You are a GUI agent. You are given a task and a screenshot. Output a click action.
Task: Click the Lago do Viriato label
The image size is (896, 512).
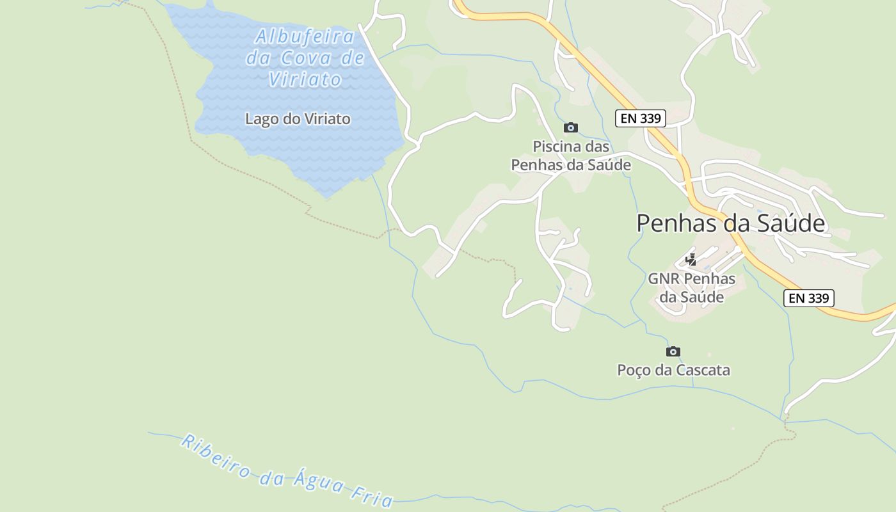tap(298, 119)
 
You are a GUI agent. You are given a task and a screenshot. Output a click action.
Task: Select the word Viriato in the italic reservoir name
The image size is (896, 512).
tap(305, 79)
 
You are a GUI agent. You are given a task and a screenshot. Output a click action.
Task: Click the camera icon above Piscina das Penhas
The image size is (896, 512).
tap(571, 128)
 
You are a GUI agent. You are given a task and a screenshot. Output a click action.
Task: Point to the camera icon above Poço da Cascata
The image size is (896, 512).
tap(673, 351)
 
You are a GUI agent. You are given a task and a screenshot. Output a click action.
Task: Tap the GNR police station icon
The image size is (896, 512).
tap(691, 260)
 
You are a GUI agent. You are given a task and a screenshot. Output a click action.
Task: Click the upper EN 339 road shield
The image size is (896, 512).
tap(641, 118)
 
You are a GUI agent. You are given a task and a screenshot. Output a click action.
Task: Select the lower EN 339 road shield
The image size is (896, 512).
tap(808, 298)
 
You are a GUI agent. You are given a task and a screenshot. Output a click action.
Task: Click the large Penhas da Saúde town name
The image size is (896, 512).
tap(731, 223)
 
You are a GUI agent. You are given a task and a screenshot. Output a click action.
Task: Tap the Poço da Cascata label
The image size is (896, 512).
tap(673, 370)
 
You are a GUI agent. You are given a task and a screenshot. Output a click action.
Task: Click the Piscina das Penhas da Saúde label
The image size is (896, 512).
tap(571, 156)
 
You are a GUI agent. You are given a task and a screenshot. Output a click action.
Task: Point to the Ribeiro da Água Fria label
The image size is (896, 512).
tap(287, 470)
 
